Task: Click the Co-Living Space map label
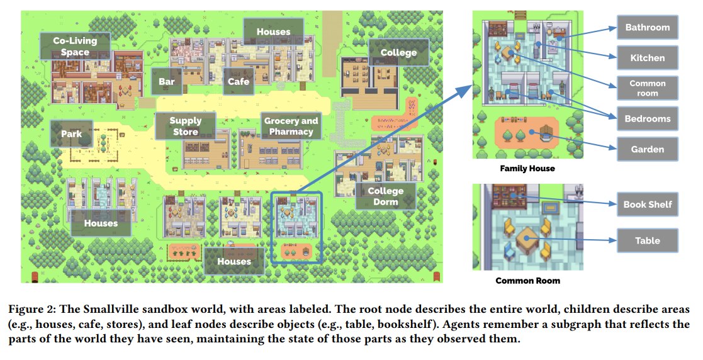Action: click(x=75, y=46)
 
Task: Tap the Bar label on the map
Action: click(x=166, y=81)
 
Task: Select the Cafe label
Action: click(x=238, y=81)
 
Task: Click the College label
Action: click(x=398, y=52)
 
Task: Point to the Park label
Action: click(x=72, y=133)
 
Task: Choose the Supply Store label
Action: click(x=186, y=126)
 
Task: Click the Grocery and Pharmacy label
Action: click(x=291, y=126)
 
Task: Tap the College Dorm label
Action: click(x=386, y=196)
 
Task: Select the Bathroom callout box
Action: click(x=648, y=27)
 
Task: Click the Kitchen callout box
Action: click(x=648, y=58)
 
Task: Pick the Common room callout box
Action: click(x=648, y=88)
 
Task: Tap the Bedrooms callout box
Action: click(x=648, y=119)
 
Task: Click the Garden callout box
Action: click(x=648, y=149)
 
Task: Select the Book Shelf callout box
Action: click(x=648, y=205)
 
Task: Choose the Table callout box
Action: click(x=648, y=241)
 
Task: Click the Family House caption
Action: click(x=527, y=169)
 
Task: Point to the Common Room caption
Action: click(x=527, y=281)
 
